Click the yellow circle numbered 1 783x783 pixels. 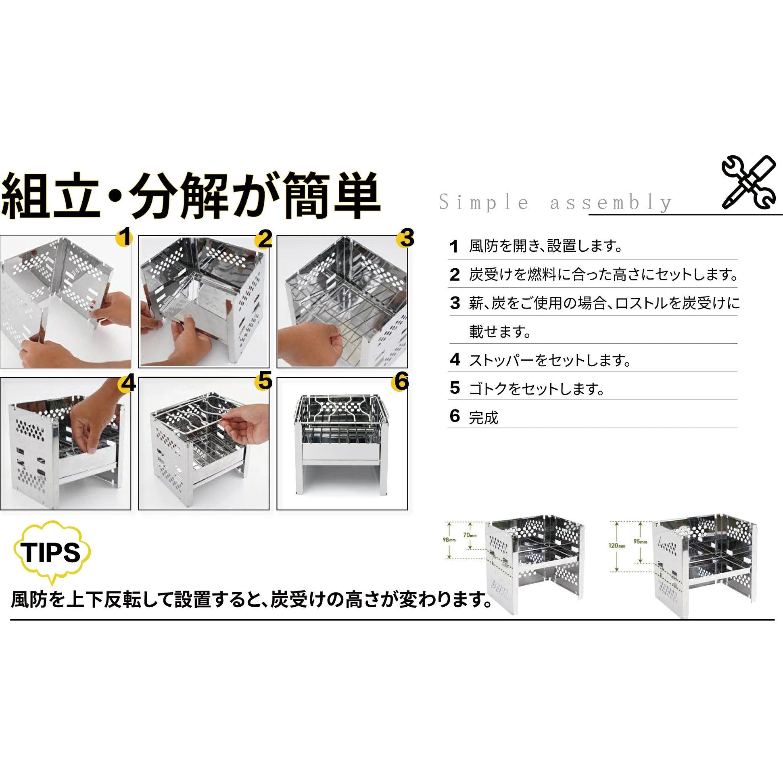pyautogui.click(x=125, y=237)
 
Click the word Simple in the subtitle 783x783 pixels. pyautogui.click(x=484, y=202)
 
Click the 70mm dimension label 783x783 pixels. pyautogui.click(x=470, y=535)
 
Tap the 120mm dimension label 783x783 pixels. pyautogui.click(x=616, y=545)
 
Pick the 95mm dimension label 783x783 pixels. pyautogui.click(x=640, y=541)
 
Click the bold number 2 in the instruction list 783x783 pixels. pyautogui.click(x=455, y=275)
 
